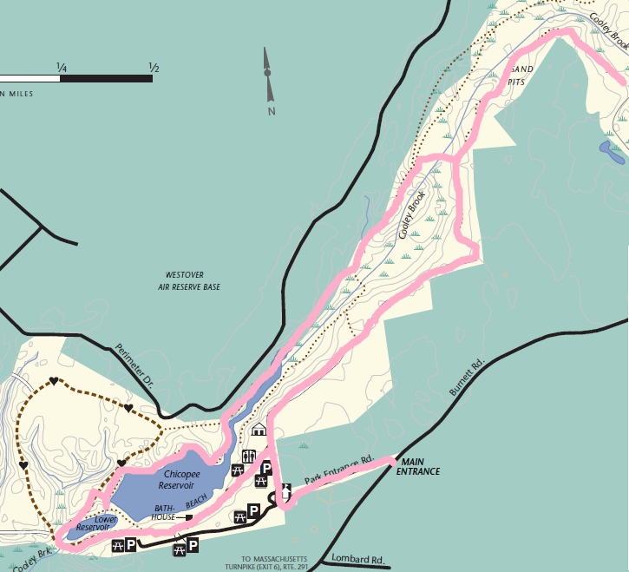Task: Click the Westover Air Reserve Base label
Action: click(x=189, y=280)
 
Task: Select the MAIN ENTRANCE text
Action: click(x=418, y=466)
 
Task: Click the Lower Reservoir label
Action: click(x=93, y=523)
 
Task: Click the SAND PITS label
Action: click(x=518, y=75)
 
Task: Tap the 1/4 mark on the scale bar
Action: click(x=62, y=68)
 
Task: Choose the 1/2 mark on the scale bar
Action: click(x=154, y=68)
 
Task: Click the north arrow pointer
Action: click(x=268, y=74)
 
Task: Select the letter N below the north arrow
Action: click(x=271, y=111)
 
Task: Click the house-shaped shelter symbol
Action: click(x=259, y=429)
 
